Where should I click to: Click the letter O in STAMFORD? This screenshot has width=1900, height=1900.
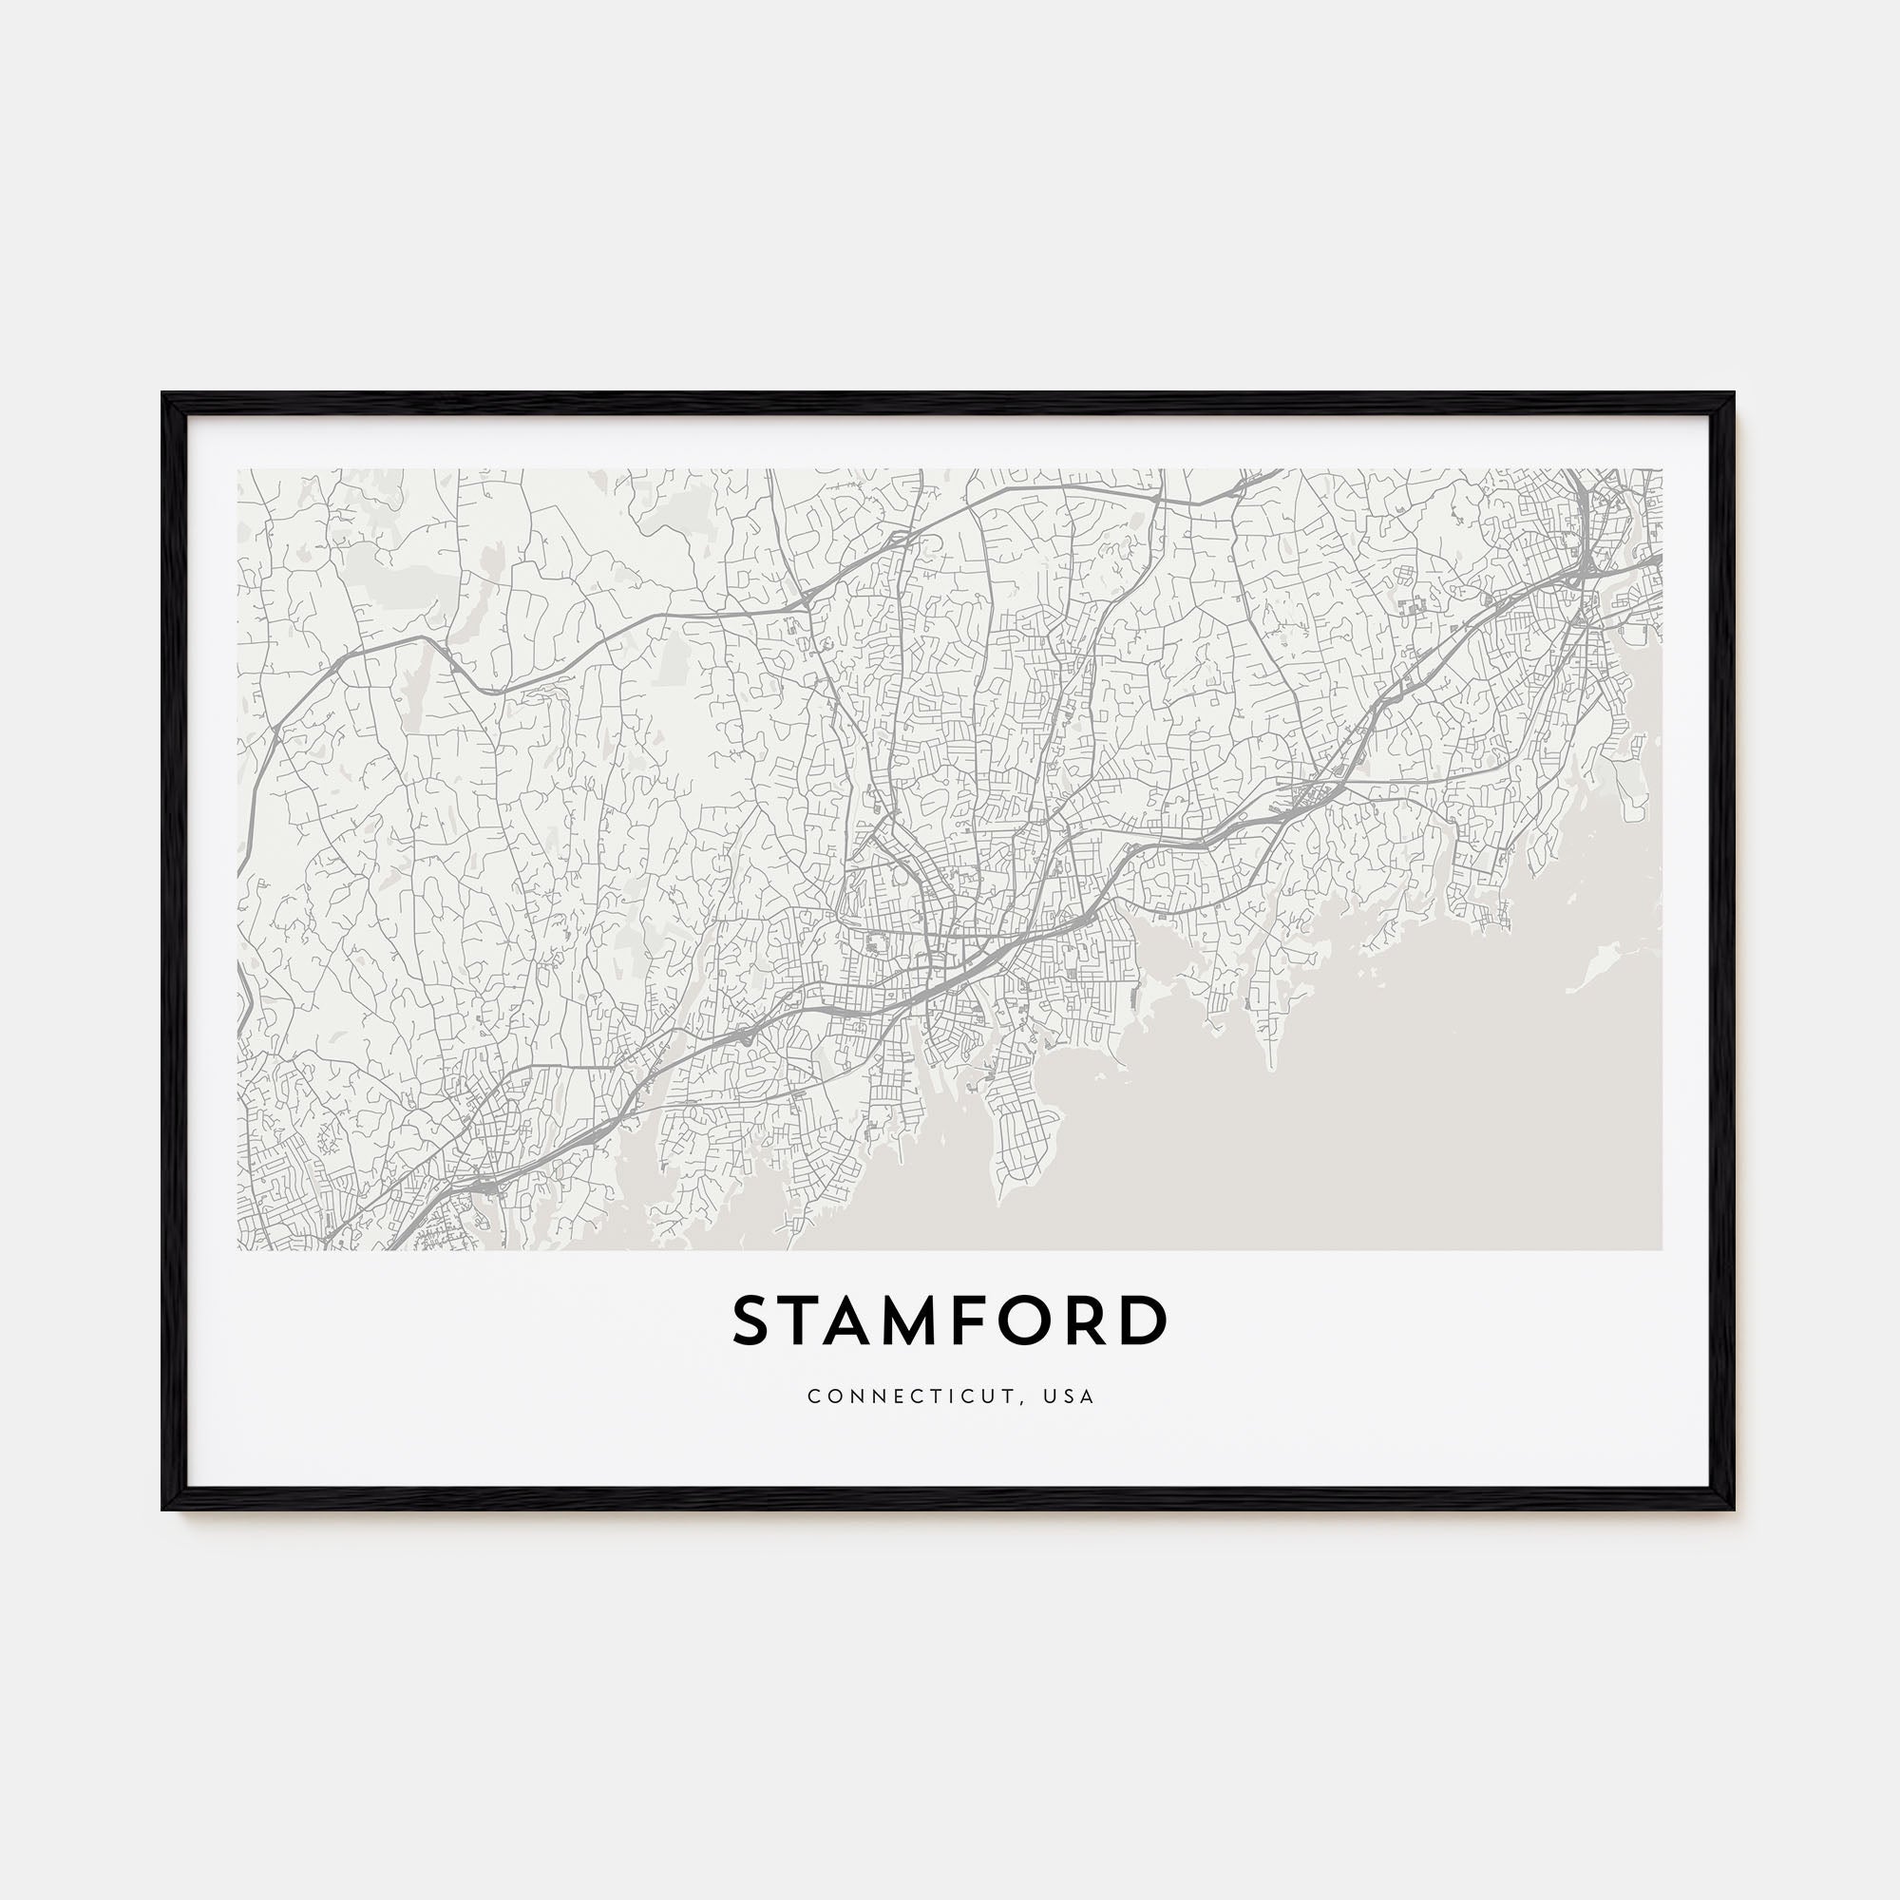point(1045,1320)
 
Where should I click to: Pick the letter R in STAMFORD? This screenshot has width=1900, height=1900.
point(1099,1320)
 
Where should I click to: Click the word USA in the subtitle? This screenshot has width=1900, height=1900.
point(1072,1396)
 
